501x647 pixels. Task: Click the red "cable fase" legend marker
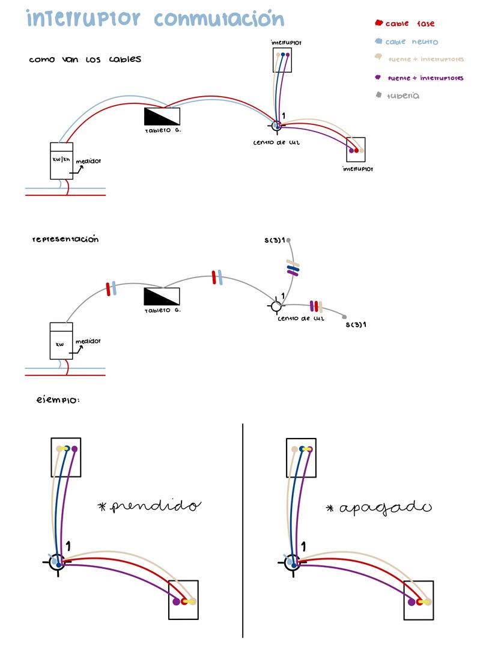(x=378, y=23)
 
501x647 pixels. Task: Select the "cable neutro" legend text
(x=411, y=42)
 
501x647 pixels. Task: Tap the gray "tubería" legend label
(x=403, y=96)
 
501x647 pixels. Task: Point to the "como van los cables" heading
(x=85, y=59)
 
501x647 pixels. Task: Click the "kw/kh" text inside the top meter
(x=61, y=159)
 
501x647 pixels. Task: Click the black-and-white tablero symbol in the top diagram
(x=162, y=116)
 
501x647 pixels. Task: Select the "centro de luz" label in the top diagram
(x=277, y=142)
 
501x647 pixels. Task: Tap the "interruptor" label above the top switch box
(x=286, y=43)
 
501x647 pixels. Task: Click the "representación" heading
(x=65, y=239)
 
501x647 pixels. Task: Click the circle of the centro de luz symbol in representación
(x=276, y=306)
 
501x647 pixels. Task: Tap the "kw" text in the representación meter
(x=59, y=345)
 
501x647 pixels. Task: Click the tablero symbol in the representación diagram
(x=162, y=297)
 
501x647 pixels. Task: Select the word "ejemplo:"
(x=58, y=398)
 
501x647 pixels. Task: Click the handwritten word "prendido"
(x=150, y=506)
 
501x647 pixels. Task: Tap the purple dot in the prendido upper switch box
(x=74, y=449)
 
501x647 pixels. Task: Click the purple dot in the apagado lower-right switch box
(x=411, y=601)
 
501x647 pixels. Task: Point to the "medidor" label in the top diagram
(x=88, y=161)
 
